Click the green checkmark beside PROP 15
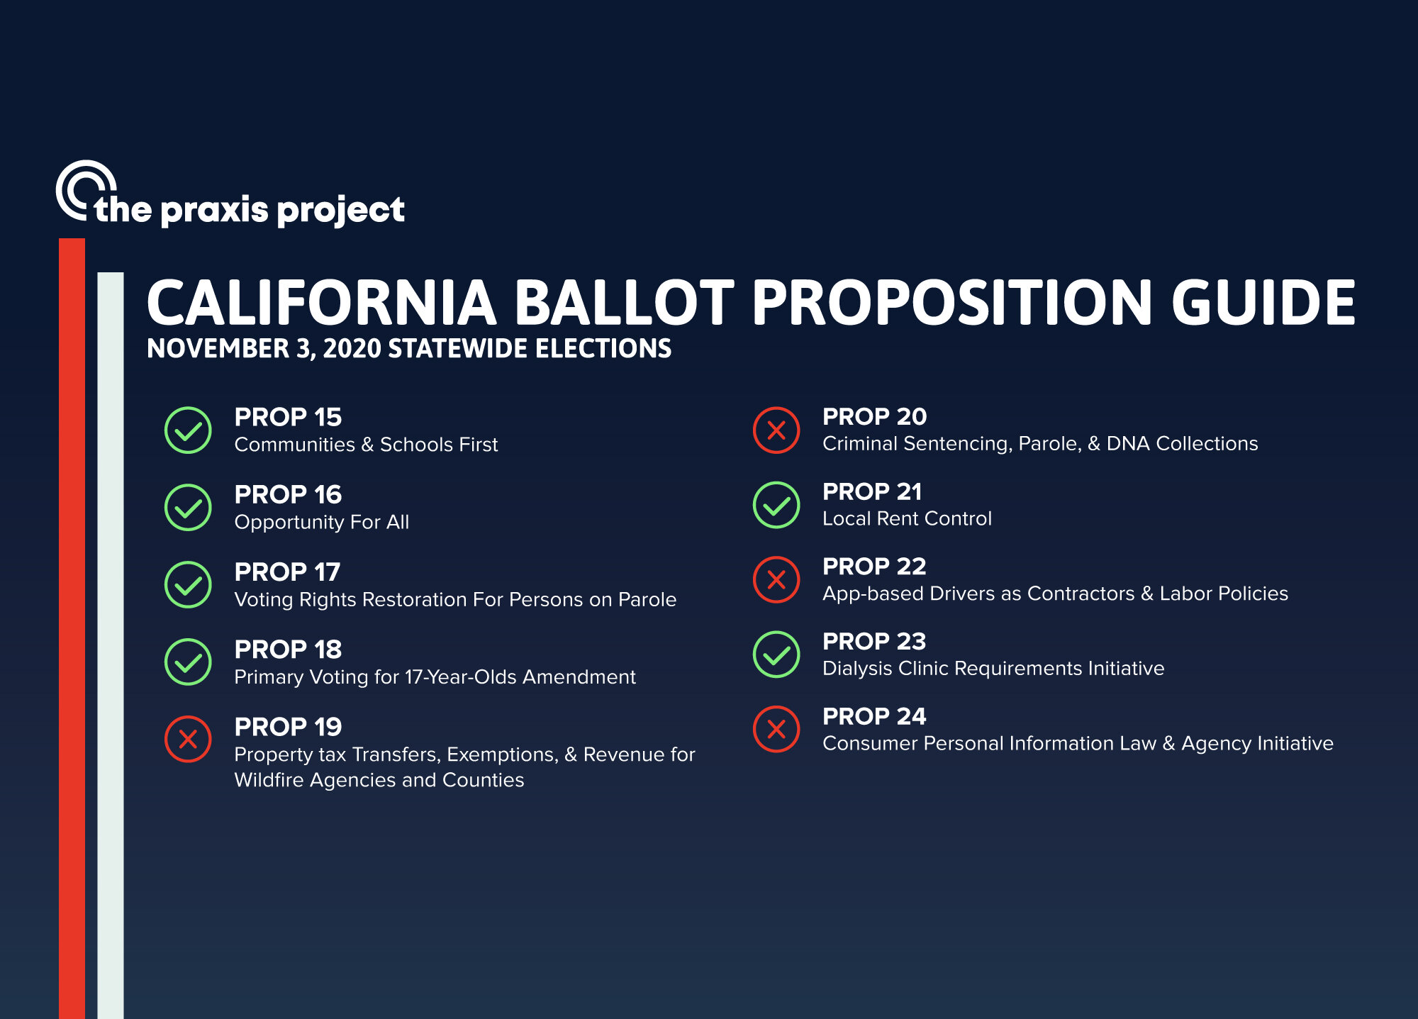coord(188,430)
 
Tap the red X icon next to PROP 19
coord(188,740)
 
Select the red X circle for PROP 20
coord(776,430)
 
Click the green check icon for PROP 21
coord(776,505)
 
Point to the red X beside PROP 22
coord(776,580)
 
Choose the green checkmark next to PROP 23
coord(776,655)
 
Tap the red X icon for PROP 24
coord(776,729)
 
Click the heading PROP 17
coord(287,572)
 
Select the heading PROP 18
coord(288,650)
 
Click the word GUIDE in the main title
coord(1263,303)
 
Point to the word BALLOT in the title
coord(625,303)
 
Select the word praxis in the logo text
coord(215,211)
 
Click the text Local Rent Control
coord(907,519)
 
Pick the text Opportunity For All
coord(322,523)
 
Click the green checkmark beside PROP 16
coord(188,508)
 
